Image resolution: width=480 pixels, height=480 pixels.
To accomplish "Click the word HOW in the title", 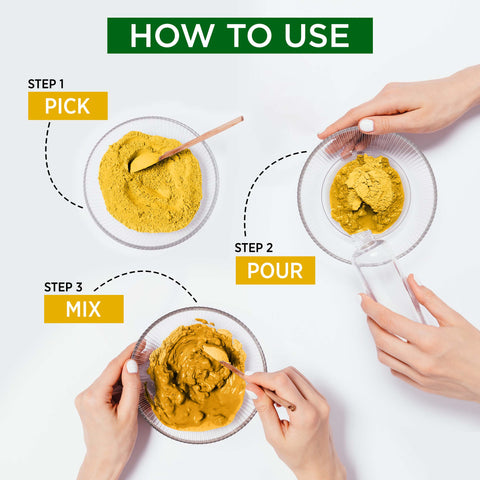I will coord(164,35).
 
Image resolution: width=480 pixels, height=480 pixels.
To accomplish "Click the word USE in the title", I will coord(312,35).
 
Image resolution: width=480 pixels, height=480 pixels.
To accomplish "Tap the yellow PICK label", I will coord(67,106).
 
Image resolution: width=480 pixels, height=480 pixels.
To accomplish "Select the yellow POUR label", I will coord(275,270).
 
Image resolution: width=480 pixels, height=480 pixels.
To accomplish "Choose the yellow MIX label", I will coord(83,309).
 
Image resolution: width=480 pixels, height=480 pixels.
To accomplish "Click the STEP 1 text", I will coord(47,84).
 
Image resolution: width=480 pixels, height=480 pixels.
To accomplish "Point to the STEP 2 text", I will coord(254,247).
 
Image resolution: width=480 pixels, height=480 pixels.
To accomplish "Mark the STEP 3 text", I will coord(63,287).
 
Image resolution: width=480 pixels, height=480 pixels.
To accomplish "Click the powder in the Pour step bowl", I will coord(366,193).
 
